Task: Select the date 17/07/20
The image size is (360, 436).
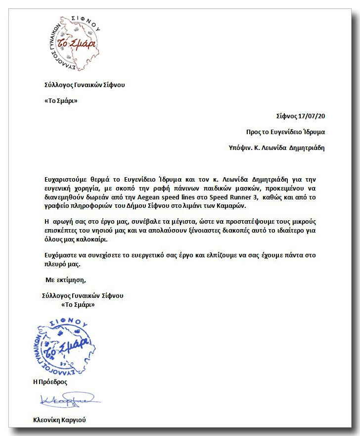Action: [312, 116]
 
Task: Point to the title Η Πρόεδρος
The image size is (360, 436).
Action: [50, 382]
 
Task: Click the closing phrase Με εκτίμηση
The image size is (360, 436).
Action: [66, 280]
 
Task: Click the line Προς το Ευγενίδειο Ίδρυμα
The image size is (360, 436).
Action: [285, 132]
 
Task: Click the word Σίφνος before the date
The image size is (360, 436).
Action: [287, 116]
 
